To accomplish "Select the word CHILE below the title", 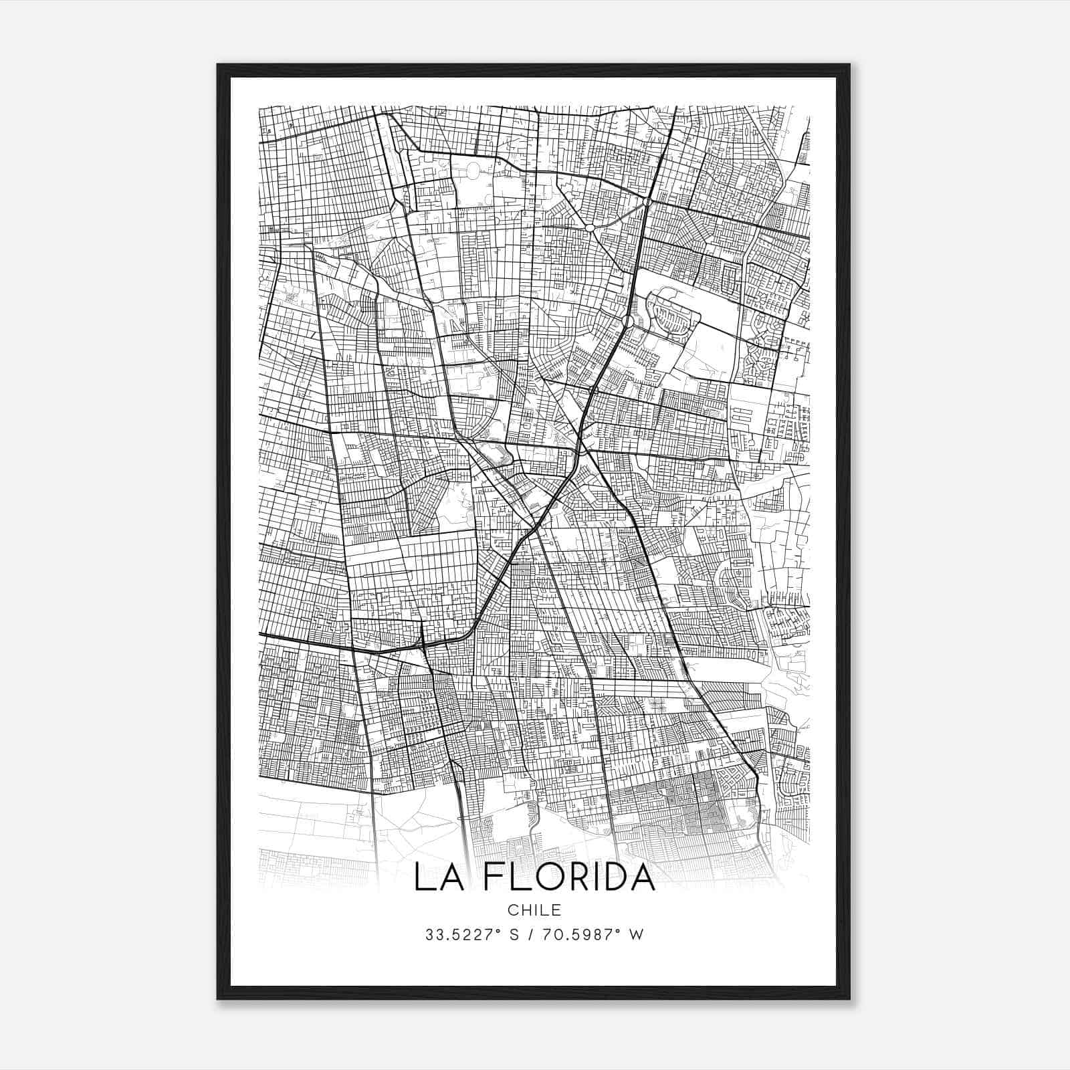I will point(534,910).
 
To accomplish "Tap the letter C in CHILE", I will point(512,910).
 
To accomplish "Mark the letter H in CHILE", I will point(526,910).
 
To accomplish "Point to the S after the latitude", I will point(514,935).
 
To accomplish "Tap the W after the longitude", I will point(637,935).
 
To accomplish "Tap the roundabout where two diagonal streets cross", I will point(590,228).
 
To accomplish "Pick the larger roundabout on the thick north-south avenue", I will point(628,322).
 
